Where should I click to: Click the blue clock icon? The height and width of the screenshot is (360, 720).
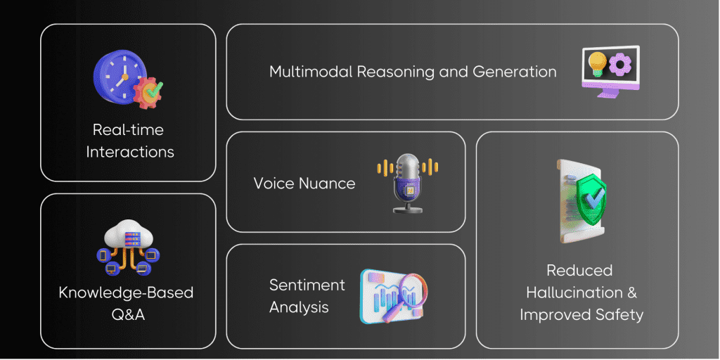point(121,77)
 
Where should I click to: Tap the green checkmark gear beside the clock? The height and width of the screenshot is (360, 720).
point(148,92)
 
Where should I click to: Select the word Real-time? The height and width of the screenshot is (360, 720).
point(128,130)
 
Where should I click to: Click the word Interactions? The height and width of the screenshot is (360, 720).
point(130,152)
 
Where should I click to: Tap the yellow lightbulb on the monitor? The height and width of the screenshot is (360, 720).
point(598,63)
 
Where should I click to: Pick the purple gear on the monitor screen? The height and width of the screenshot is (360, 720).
point(620,65)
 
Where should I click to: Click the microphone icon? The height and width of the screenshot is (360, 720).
point(407,184)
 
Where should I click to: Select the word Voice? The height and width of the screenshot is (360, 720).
point(274,184)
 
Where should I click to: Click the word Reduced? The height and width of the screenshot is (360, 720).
point(580,271)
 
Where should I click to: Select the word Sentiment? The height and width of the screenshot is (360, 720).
point(307,285)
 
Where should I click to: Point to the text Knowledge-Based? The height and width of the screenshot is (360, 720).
point(127,292)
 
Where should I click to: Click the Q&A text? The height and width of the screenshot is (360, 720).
point(128,315)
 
